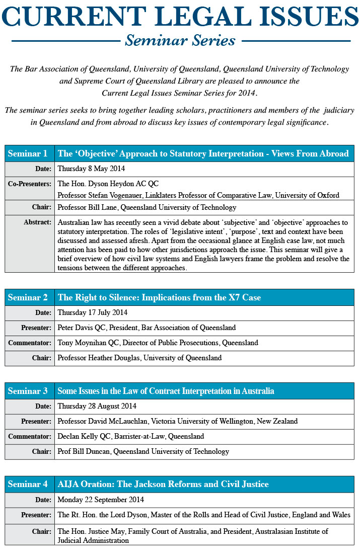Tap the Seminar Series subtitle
tap(180, 40)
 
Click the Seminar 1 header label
tap(28, 153)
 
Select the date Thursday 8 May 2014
tap(91, 169)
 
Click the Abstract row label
tap(37, 222)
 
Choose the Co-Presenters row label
tap(30, 184)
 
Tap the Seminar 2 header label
tap(28, 297)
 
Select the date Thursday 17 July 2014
tap(93, 313)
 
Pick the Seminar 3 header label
tap(28, 391)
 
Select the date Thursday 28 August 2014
tap(97, 406)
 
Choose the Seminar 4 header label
tap(28, 485)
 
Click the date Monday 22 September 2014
tap(101, 500)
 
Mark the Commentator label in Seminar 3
tap(30, 436)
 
